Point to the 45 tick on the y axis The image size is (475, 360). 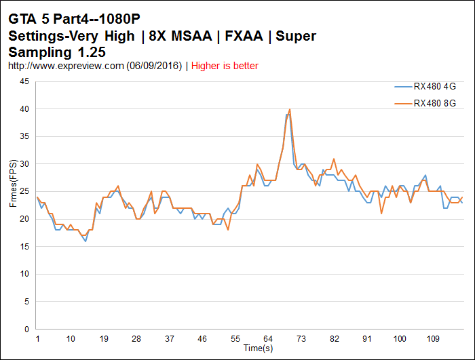click(24, 81)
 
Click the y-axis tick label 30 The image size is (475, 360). click(24, 164)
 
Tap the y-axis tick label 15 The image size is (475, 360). click(24, 247)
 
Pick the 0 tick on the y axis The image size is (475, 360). click(26, 329)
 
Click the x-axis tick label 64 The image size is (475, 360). click(268, 339)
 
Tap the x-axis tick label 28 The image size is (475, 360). click(136, 339)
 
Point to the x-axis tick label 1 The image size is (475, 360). click(38, 339)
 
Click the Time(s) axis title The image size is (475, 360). click(259, 348)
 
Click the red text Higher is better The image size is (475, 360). click(225, 66)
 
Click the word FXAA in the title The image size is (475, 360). click(240, 36)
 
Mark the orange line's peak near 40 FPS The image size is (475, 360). click(290, 109)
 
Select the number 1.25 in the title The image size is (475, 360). click(87, 52)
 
